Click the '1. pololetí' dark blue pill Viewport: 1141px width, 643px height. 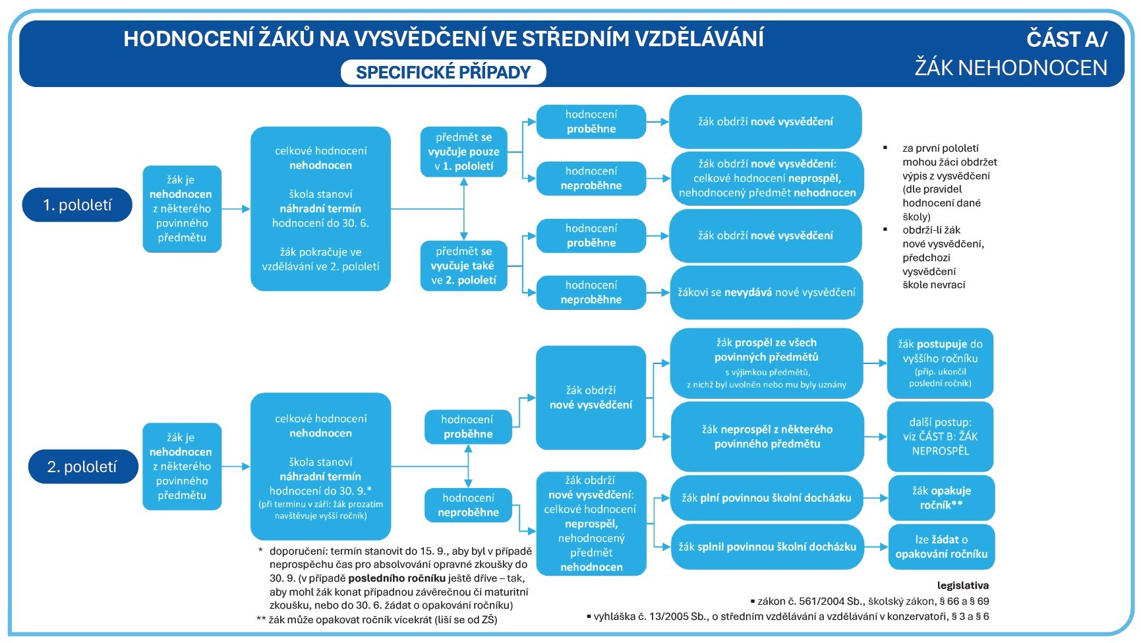click(x=77, y=205)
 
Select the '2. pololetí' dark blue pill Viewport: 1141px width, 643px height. click(x=82, y=467)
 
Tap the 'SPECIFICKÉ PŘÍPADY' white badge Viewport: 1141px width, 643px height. click(x=443, y=73)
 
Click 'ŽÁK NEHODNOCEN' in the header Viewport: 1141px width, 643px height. click(x=1010, y=68)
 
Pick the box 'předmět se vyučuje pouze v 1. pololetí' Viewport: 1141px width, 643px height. click(x=463, y=152)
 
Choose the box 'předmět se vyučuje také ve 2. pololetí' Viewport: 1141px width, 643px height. click(x=463, y=266)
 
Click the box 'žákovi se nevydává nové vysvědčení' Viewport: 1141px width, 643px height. click(x=766, y=292)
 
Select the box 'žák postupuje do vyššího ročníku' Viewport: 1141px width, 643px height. click(x=940, y=363)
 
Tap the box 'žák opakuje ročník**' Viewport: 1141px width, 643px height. click(x=941, y=498)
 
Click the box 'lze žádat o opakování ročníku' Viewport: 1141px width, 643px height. click(x=941, y=547)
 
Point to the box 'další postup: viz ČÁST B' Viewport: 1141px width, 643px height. click(x=940, y=437)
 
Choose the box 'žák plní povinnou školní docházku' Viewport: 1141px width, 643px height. click(x=766, y=498)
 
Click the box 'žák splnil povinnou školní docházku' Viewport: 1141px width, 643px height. click(x=767, y=547)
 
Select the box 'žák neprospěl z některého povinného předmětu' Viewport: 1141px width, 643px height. click(x=767, y=437)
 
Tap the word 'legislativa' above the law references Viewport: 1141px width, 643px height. click(x=962, y=585)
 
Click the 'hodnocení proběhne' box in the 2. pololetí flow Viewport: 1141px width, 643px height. click(x=467, y=427)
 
